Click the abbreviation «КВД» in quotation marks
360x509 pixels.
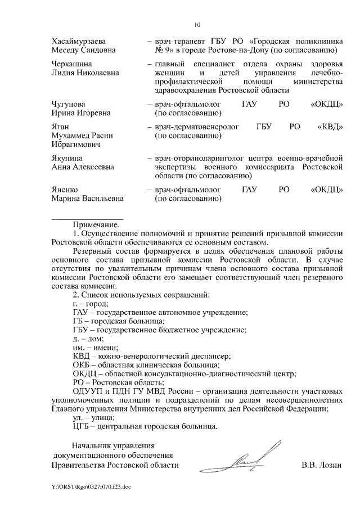[x=328, y=127]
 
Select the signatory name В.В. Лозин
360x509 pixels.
[x=322, y=465]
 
